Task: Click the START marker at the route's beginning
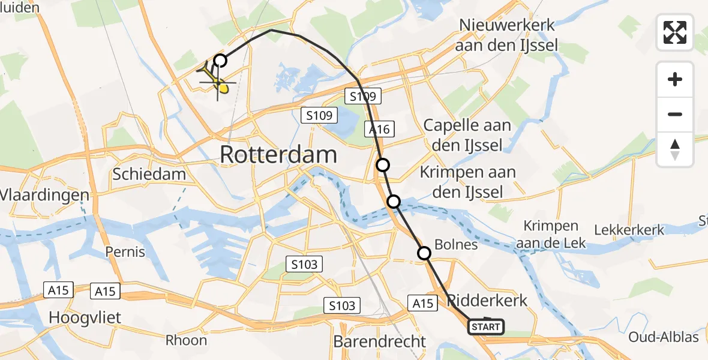(485, 327)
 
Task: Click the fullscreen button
(675, 32)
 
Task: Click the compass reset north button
(675, 149)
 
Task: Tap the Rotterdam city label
(278, 155)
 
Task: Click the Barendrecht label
(379, 342)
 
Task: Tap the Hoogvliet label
(85, 317)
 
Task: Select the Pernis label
(125, 251)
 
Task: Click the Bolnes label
(455, 245)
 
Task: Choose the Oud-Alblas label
(663, 337)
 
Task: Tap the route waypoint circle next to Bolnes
(424, 253)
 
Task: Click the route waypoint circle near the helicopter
(221, 60)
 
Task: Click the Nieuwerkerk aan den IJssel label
(507, 35)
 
